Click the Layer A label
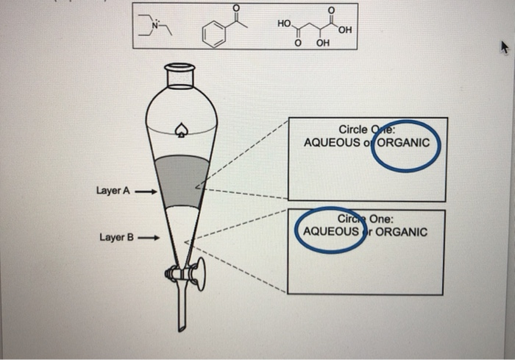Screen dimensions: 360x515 [113, 191]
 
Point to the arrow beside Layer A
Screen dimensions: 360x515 [145, 191]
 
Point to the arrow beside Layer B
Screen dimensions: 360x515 [149, 238]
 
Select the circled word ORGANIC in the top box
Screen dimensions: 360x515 [403, 143]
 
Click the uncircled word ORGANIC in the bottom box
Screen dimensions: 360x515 [402, 231]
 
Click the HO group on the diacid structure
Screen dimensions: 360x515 [284, 24]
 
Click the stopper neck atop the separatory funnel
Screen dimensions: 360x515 [180, 75]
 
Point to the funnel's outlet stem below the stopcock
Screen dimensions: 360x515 [181, 309]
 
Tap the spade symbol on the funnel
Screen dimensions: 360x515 [179, 133]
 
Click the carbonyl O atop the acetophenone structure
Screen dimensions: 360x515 [235, 8]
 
